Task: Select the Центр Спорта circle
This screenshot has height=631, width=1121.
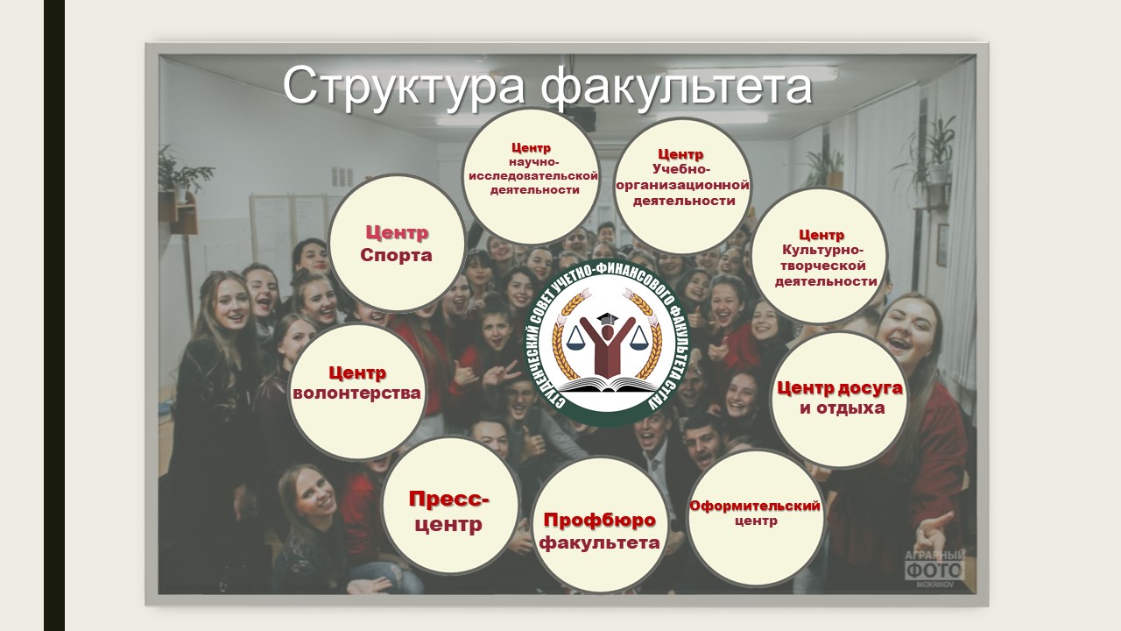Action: [x=397, y=244]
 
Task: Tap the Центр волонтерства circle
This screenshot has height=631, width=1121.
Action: [x=357, y=392]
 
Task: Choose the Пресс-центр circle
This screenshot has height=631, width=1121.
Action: [x=450, y=506]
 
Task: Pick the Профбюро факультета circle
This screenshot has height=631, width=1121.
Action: [x=600, y=524]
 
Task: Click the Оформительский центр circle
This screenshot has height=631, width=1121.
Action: [x=756, y=518]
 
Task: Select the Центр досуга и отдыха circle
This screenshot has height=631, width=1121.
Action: [x=839, y=400]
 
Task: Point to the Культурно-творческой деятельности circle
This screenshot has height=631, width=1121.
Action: [x=820, y=257]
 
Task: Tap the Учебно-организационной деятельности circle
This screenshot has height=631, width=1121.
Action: [x=681, y=187]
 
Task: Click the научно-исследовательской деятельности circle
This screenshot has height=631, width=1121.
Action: [x=531, y=176]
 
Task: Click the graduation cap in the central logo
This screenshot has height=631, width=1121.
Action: [x=608, y=318]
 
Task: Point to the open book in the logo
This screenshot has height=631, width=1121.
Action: [x=608, y=384]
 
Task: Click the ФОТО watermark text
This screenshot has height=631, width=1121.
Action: [x=934, y=571]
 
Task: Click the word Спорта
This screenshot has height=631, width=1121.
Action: [x=396, y=255]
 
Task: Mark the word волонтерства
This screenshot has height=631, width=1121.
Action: [x=356, y=393]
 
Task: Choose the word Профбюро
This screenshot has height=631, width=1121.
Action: [x=600, y=521]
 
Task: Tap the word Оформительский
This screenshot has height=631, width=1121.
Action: [x=755, y=506]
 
